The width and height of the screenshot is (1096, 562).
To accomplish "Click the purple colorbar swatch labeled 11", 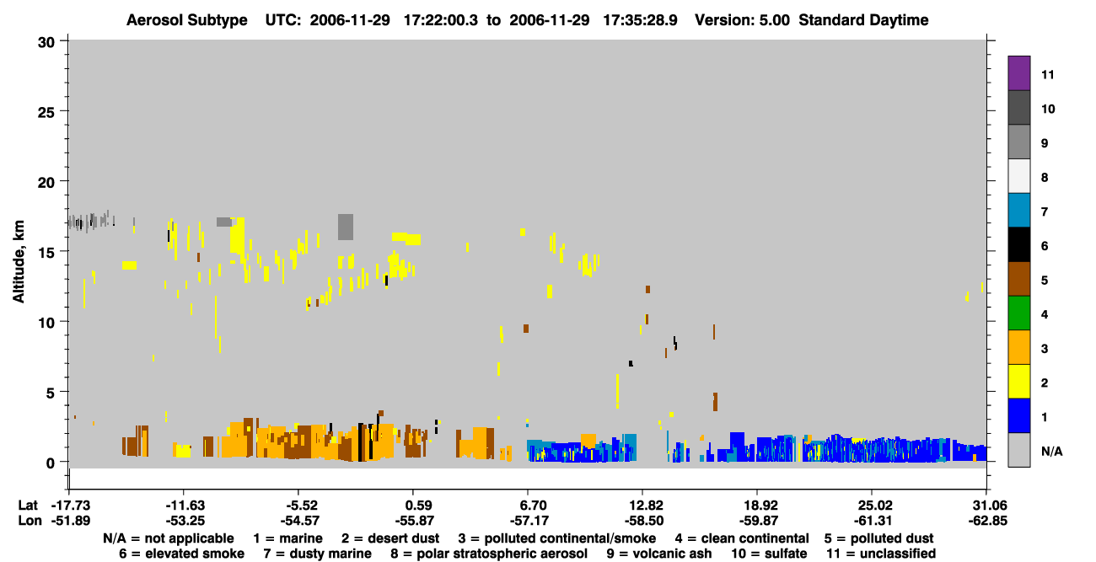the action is point(1018,72).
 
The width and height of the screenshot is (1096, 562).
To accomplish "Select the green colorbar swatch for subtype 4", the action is point(1018,313).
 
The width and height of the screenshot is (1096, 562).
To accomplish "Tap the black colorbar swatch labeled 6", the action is point(1018,244).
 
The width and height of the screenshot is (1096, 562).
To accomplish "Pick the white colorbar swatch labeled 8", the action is point(1018,176).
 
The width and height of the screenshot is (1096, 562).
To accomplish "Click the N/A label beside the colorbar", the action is point(1051,451).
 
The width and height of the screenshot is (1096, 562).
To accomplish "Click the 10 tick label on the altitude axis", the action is point(46,323).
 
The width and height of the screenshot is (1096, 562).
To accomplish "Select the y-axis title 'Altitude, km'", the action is point(18,262).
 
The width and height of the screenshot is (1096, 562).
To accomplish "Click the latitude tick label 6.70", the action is point(528,505).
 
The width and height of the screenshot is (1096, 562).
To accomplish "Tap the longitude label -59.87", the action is point(758,521).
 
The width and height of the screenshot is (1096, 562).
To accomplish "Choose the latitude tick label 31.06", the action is point(987,505).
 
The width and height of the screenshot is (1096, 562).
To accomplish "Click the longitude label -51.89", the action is point(71,521).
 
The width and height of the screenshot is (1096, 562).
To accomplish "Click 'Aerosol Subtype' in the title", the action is point(187,20).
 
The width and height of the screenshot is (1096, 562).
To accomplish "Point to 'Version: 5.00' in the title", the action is point(742,20).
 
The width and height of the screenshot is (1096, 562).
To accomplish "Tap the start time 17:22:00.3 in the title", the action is point(440,20).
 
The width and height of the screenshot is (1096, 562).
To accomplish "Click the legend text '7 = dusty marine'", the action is point(317,554).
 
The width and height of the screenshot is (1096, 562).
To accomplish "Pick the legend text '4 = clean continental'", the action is point(742,538).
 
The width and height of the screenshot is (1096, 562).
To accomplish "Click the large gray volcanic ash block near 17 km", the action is point(346,227).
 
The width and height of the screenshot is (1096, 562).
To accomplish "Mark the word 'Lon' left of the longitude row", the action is point(30,521).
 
